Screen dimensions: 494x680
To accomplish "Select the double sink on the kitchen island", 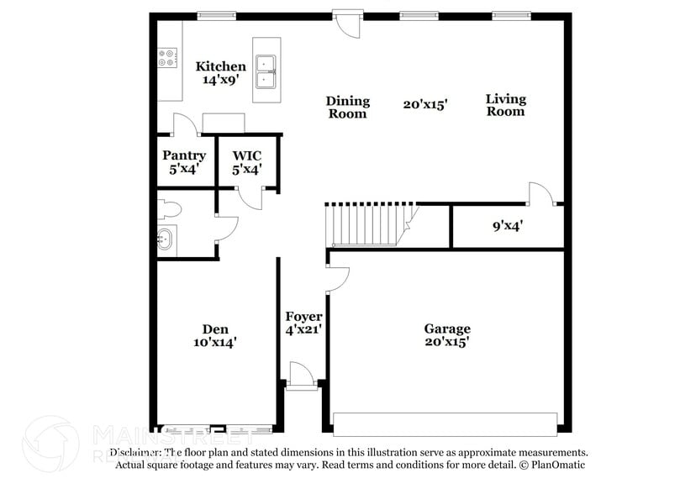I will click(x=266, y=71).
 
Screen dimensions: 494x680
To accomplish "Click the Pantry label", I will click(x=184, y=155).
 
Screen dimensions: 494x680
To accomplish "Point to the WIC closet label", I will click(x=247, y=155).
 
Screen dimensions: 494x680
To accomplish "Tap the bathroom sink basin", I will click(x=165, y=240).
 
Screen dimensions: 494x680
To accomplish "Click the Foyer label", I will click(x=303, y=317).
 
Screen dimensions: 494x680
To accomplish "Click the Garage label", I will click(x=446, y=328).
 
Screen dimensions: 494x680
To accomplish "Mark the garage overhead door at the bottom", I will click(x=445, y=423).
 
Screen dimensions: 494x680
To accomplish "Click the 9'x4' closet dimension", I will click(x=508, y=225).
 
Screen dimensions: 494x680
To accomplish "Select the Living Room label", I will click(x=505, y=105).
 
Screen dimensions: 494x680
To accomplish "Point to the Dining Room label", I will click(x=347, y=107).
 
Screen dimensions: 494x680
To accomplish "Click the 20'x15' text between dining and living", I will click(x=424, y=105).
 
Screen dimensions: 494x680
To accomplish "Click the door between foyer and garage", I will click(x=336, y=280).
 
